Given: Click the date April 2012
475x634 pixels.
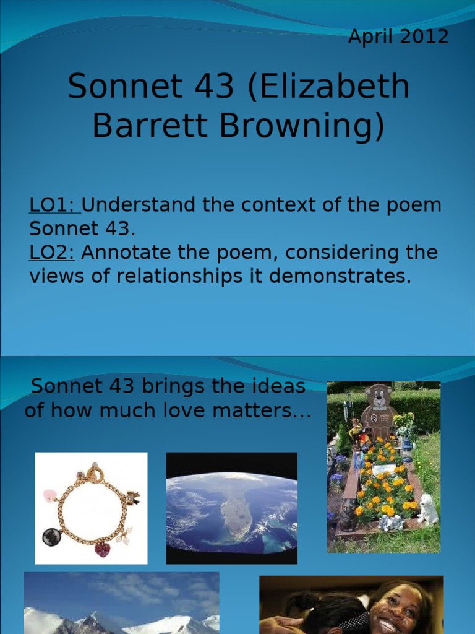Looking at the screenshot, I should (x=398, y=37).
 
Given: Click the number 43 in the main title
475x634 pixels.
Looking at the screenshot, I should (x=213, y=87).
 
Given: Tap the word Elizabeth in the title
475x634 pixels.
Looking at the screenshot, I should (x=328, y=87).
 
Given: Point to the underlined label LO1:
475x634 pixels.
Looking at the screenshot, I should (x=54, y=205).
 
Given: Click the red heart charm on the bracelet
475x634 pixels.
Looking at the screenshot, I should (x=102, y=549).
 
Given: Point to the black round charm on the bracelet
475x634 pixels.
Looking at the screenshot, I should (x=51, y=536).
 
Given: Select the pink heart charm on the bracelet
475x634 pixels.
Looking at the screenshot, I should (x=50, y=496).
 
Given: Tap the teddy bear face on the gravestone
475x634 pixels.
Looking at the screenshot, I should (x=379, y=397).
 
